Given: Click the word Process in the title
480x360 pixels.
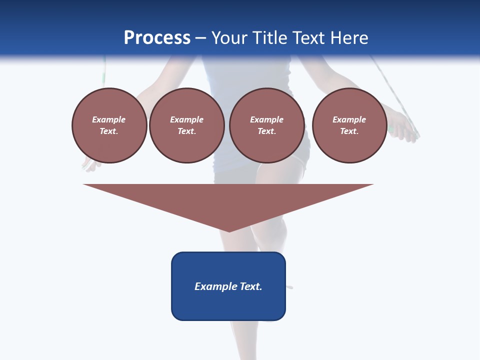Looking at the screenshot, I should [x=157, y=38].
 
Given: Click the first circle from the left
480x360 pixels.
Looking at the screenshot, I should [x=109, y=125].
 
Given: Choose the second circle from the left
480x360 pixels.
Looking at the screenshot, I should [x=186, y=125].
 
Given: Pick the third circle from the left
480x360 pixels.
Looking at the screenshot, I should [x=266, y=125].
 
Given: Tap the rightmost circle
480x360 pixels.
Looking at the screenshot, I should [x=349, y=125].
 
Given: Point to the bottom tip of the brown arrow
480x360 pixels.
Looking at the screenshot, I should [x=229, y=231].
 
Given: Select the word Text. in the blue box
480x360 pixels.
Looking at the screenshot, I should [x=251, y=286].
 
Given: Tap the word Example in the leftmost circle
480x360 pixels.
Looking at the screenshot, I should [x=109, y=119].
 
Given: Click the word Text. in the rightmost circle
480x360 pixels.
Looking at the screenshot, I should [x=349, y=131].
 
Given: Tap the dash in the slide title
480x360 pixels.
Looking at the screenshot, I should [x=201, y=38].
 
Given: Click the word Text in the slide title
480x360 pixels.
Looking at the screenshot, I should [x=309, y=38].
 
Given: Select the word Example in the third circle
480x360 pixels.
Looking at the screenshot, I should [x=266, y=119].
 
